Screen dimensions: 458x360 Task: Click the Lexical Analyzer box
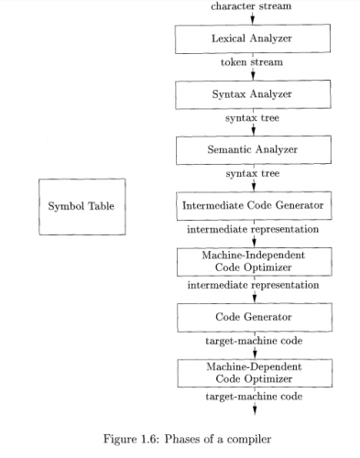click(252, 39)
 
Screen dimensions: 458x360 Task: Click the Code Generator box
click(252, 316)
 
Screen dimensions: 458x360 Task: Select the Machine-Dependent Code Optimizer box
click(252, 373)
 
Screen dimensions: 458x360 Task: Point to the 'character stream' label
click(252, 5)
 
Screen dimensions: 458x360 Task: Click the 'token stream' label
click(252, 63)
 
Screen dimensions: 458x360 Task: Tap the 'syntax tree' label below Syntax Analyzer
click(252, 118)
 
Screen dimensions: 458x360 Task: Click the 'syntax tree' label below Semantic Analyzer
click(252, 173)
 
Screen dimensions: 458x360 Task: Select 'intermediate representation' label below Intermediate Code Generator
click(252, 229)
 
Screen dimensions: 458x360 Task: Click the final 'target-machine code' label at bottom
click(252, 398)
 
